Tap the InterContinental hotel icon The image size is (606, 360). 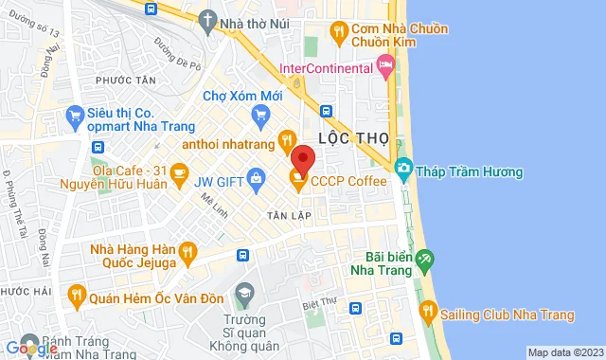pos(384,65)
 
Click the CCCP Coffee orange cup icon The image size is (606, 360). pos(298,181)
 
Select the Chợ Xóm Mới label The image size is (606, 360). pos(243,96)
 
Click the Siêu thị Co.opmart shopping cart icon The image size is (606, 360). pos(75,118)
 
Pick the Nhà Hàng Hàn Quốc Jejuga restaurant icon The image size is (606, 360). pos(187,251)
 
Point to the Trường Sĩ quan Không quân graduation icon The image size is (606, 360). pos(244,293)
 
